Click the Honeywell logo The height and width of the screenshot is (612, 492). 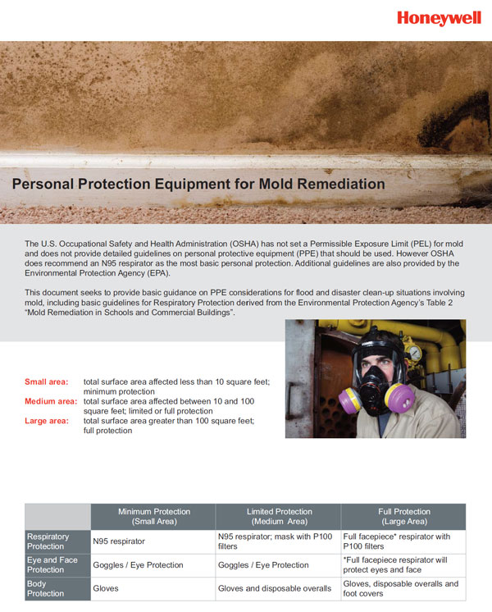click(x=439, y=18)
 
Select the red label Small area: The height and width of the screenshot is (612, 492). click(x=47, y=381)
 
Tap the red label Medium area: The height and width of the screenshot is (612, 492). click(x=51, y=401)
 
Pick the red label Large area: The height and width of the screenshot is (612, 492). click(x=47, y=421)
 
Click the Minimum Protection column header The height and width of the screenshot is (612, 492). click(x=153, y=516)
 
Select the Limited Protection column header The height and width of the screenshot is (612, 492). click(x=278, y=516)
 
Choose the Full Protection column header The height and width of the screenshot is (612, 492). click(x=403, y=516)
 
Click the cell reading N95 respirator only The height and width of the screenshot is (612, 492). click(x=119, y=541)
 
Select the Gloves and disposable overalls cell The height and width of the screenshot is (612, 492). click(x=274, y=588)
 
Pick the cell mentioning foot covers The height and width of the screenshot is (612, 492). click(x=401, y=588)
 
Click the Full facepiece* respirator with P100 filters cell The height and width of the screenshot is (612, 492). click(x=397, y=541)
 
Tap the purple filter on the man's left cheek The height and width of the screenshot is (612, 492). click(x=399, y=400)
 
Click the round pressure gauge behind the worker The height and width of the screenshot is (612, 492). click(x=414, y=353)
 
